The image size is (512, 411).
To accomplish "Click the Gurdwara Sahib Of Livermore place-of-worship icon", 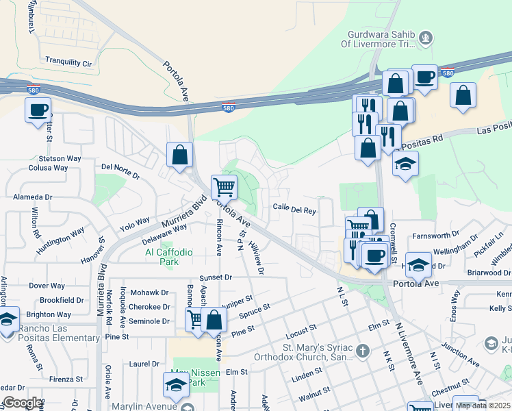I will (x=425, y=37).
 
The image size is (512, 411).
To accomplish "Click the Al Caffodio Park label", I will (x=168, y=257).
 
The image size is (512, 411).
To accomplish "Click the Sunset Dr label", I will (x=216, y=278).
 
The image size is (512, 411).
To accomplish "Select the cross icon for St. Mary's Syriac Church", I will (x=362, y=351).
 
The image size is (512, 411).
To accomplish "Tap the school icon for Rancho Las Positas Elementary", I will (x=8, y=320).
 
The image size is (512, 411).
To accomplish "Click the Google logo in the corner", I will (x=22, y=403).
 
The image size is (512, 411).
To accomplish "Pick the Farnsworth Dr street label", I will (x=441, y=236).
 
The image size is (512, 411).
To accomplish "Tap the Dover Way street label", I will (x=47, y=286).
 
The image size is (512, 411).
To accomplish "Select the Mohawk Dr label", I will (x=150, y=292).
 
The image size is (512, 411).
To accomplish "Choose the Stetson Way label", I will (x=60, y=158).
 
